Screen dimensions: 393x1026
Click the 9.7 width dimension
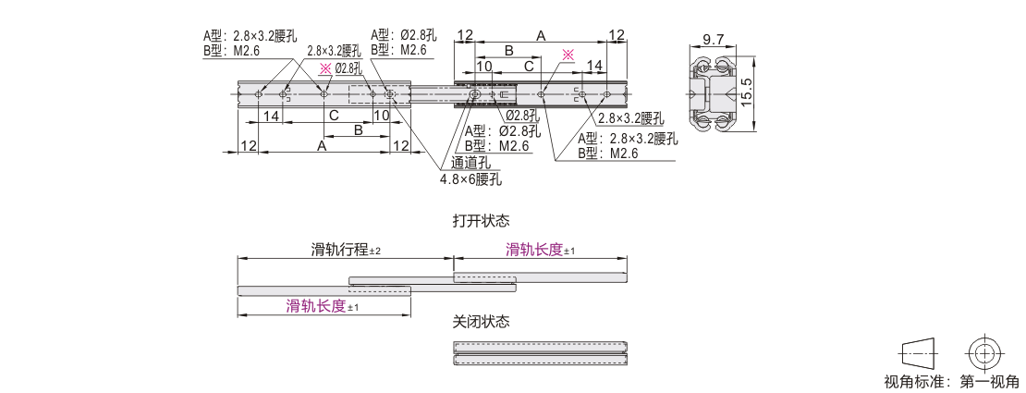[x=713, y=40]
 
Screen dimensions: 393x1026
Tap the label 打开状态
[x=481, y=222]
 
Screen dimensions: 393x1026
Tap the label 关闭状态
[x=481, y=322]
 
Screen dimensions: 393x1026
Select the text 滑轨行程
[x=339, y=250]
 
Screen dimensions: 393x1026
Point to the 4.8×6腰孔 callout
[x=470, y=178]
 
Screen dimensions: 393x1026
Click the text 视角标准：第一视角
[x=951, y=382]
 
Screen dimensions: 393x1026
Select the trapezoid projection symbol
[x=916, y=353]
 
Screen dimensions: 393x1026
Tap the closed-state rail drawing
[x=541, y=353]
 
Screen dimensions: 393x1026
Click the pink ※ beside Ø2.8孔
[x=324, y=68]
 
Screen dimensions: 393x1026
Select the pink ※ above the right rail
[x=568, y=55]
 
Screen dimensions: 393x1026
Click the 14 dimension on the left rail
[x=271, y=117]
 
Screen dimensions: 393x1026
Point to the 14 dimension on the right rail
[x=594, y=66]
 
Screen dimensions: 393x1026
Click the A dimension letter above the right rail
[x=541, y=35]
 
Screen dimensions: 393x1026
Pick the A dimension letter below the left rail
[x=322, y=146]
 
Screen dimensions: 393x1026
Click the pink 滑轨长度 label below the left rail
[x=316, y=306]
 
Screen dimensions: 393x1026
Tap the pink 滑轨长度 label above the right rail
[x=534, y=250]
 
